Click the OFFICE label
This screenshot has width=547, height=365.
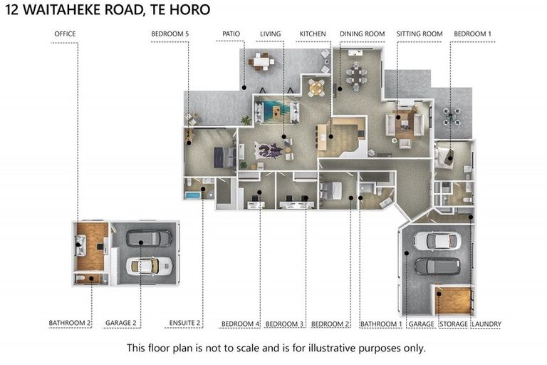(x=65, y=34)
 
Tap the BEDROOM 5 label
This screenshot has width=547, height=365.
(x=170, y=34)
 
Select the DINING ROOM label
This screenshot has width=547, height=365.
(x=363, y=34)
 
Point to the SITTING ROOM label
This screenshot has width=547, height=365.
(x=420, y=34)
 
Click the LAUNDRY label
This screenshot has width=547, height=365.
(x=486, y=324)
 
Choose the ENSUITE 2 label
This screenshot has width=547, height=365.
(x=185, y=323)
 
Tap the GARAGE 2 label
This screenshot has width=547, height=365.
(x=121, y=323)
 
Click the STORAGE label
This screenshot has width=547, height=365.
(x=454, y=324)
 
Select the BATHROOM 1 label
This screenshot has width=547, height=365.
(x=381, y=324)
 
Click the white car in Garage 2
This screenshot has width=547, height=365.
(x=150, y=266)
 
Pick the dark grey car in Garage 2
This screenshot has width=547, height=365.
(x=149, y=238)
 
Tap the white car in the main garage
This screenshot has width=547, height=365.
(x=437, y=241)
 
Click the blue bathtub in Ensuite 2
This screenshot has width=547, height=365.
(x=192, y=195)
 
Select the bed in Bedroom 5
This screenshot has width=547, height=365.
(x=225, y=157)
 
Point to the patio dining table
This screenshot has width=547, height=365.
(x=261, y=61)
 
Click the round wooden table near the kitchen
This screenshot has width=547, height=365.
(x=316, y=88)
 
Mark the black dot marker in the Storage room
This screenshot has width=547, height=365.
(x=439, y=294)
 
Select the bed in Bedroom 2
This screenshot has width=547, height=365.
(x=331, y=190)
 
